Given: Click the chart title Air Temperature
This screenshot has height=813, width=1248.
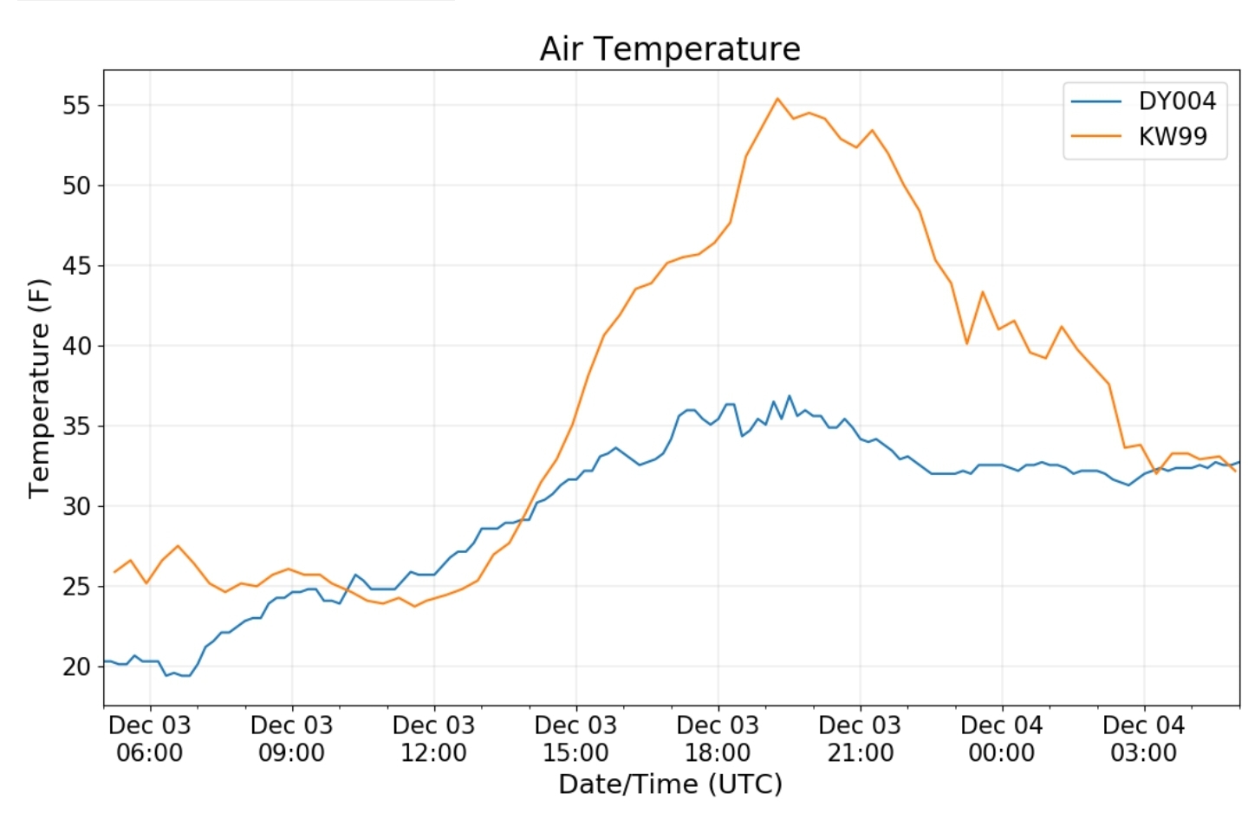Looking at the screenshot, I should [x=670, y=49].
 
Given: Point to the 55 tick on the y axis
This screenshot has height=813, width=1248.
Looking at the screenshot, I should [x=76, y=106].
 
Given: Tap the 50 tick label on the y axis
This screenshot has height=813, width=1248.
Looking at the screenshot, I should [x=76, y=185].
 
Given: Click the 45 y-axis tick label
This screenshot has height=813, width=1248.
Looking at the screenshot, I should [x=76, y=266].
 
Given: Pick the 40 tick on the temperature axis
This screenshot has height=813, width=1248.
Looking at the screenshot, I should [x=76, y=346].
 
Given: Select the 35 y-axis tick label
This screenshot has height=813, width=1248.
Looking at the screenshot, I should [x=76, y=426].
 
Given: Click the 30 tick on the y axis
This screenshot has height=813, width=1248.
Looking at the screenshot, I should [x=76, y=506].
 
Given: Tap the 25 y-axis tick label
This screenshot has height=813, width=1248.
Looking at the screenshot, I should [x=76, y=587].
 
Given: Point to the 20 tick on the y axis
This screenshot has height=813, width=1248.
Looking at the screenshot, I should [x=76, y=667].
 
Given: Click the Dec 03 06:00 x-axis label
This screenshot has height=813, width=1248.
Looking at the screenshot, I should [x=149, y=738].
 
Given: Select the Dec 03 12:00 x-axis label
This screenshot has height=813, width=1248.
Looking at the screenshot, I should [x=433, y=738].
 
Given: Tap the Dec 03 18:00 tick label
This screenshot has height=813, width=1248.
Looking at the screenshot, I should [x=718, y=738].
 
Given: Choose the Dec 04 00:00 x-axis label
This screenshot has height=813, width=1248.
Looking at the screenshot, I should [x=1002, y=738].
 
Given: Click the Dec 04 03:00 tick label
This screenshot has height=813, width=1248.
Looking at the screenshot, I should [x=1143, y=738].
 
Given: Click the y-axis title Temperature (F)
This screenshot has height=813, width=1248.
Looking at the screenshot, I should [x=39, y=387].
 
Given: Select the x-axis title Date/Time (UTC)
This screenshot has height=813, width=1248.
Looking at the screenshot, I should [x=670, y=784].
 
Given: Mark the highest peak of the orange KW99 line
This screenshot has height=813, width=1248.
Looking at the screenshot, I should [x=777, y=99].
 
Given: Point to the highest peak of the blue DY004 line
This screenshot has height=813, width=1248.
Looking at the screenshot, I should [x=790, y=396].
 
